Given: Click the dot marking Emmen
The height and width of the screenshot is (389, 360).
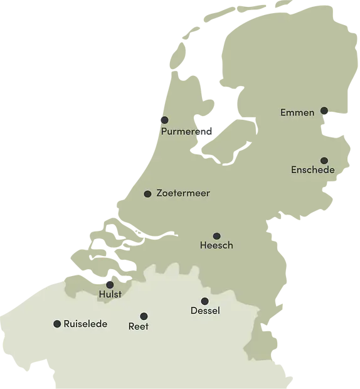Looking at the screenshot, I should pyautogui.click(x=324, y=111).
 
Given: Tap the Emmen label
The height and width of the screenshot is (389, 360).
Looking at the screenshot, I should pyautogui.click(x=297, y=113).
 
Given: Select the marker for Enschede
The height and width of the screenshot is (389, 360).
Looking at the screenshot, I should pyautogui.click(x=324, y=161).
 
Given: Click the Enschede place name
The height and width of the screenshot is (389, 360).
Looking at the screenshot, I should pyautogui.click(x=313, y=170).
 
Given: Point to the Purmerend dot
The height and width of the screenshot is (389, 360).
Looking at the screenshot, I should pyautogui.click(x=164, y=120).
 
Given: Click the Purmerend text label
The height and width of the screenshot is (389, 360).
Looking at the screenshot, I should pyautogui.click(x=183, y=132).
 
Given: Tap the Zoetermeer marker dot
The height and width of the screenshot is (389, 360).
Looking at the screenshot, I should pyautogui.click(x=147, y=194).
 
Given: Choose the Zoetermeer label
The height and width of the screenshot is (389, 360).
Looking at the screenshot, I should pyautogui.click(x=183, y=193).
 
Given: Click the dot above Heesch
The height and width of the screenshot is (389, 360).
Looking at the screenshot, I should pyautogui.click(x=216, y=236).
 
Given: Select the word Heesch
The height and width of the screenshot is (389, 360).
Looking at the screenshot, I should pyautogui.click(x=216, y=245).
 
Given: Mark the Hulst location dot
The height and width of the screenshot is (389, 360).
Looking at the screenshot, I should pyautogui.click(x=110, y=284).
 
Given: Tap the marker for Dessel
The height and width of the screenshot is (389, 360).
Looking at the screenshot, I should pyautogui.click(x=204, y=301).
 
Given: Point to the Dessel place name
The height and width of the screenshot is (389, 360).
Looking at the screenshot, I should pyautogui.click(x=204, y=311).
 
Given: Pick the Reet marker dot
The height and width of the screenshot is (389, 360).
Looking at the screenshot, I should pyautogui.click(x=144, y=316).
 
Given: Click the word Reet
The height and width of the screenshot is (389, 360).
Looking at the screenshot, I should pyautogui.click(x=138, y=326).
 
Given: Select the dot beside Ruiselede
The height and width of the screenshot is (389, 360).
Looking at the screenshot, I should pyautogui.click(x=57, y=324).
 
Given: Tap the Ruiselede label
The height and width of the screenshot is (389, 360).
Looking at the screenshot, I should pyautogui.click(x=85, y=324).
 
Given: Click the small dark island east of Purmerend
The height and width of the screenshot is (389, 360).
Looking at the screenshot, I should pyautogui.click(x=208, y=132).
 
